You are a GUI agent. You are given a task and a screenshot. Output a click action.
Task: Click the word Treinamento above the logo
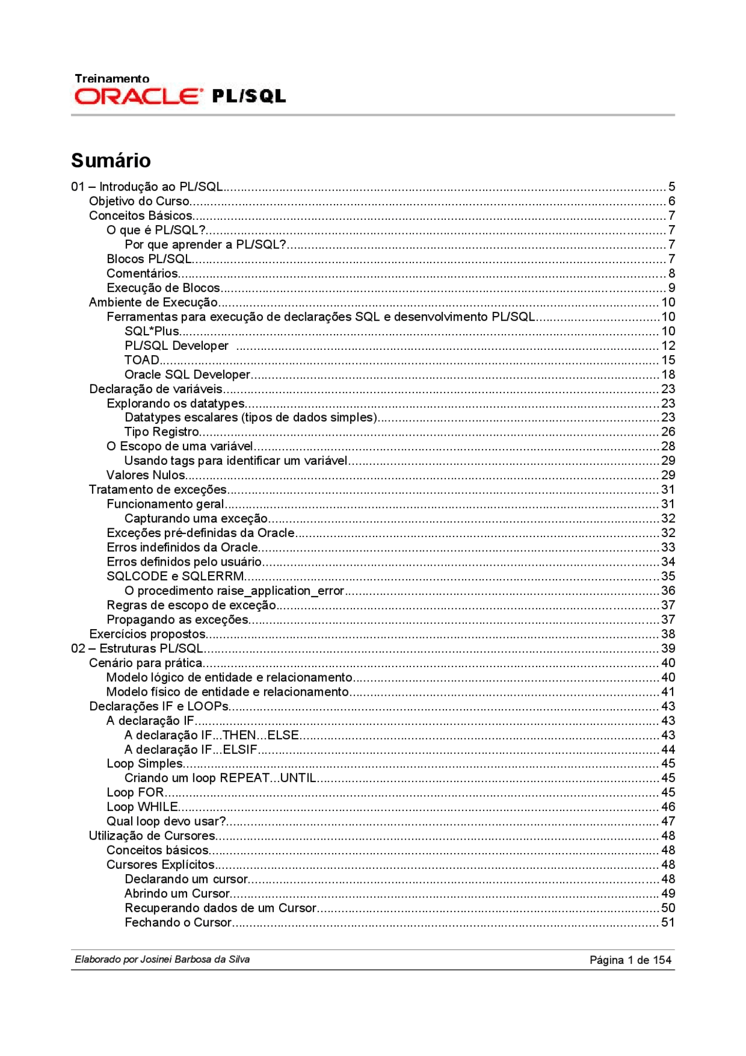(x=112, y=79)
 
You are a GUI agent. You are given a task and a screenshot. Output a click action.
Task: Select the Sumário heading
(x=111, y=160)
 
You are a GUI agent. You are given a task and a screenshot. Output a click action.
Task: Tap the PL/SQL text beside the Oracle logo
(x=249, y=96)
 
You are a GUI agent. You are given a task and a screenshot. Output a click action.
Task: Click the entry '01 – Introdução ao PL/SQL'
(x=147, y=187)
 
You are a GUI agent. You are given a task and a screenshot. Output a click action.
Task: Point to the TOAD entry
(x=142, y=360)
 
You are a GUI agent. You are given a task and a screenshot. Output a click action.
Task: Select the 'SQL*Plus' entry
(x=152, y=331)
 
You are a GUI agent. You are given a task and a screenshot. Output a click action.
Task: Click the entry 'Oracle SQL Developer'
(x=187, y=374)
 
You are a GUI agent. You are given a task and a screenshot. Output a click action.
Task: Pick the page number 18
(x=668, y=374)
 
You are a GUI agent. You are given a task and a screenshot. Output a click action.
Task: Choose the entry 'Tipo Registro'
(x=161, y=432)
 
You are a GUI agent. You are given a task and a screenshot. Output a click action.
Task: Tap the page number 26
(x=668, y=432)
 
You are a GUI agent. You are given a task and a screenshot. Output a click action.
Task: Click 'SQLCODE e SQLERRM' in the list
(x=175, y=577)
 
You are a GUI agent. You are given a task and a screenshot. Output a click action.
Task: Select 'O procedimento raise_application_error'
(x=234, y=591)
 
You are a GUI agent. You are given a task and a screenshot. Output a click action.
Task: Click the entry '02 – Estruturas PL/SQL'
(x=137, y=648)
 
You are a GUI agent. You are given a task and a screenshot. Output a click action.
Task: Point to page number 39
(x=668, y=648)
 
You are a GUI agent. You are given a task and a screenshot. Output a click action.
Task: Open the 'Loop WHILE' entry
(x=142, y=807)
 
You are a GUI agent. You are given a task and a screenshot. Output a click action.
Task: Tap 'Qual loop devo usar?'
(x=166, y=822)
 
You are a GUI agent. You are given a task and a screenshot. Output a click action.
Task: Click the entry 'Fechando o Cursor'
(x=178, y=922)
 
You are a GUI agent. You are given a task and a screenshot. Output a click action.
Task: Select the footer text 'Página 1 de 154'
(x=631, y=960)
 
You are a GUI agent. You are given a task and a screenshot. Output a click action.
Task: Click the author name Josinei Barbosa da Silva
(x=195, y=960)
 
